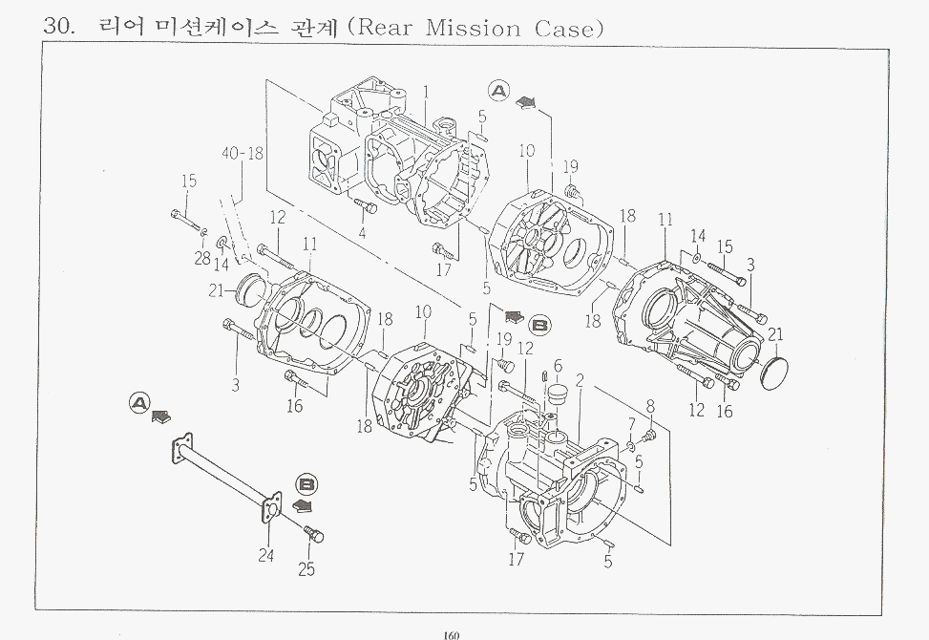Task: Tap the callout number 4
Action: point(363,232)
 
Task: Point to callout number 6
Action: point(559,366)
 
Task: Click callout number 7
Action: point(631,423)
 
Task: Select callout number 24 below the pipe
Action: point(265,554)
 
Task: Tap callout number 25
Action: point(306,569)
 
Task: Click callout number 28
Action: point(202,258)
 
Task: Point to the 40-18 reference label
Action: point(243,153)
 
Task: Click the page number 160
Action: point(453,632)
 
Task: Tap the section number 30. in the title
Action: point(59,27)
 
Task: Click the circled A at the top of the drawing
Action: point(498,91)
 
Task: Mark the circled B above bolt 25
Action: point(307,483)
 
